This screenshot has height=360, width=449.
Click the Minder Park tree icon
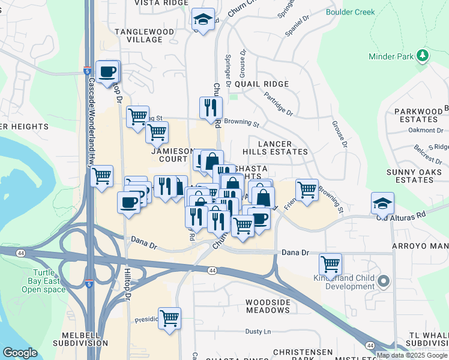[423, 56]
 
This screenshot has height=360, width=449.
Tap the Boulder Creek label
[350, 12]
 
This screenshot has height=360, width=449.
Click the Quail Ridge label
[262, 84]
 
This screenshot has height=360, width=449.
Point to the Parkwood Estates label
[418, 116]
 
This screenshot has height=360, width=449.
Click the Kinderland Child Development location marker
[384, 281]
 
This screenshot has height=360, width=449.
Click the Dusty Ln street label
[258, 331]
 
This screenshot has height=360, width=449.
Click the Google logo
[20, 353]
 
